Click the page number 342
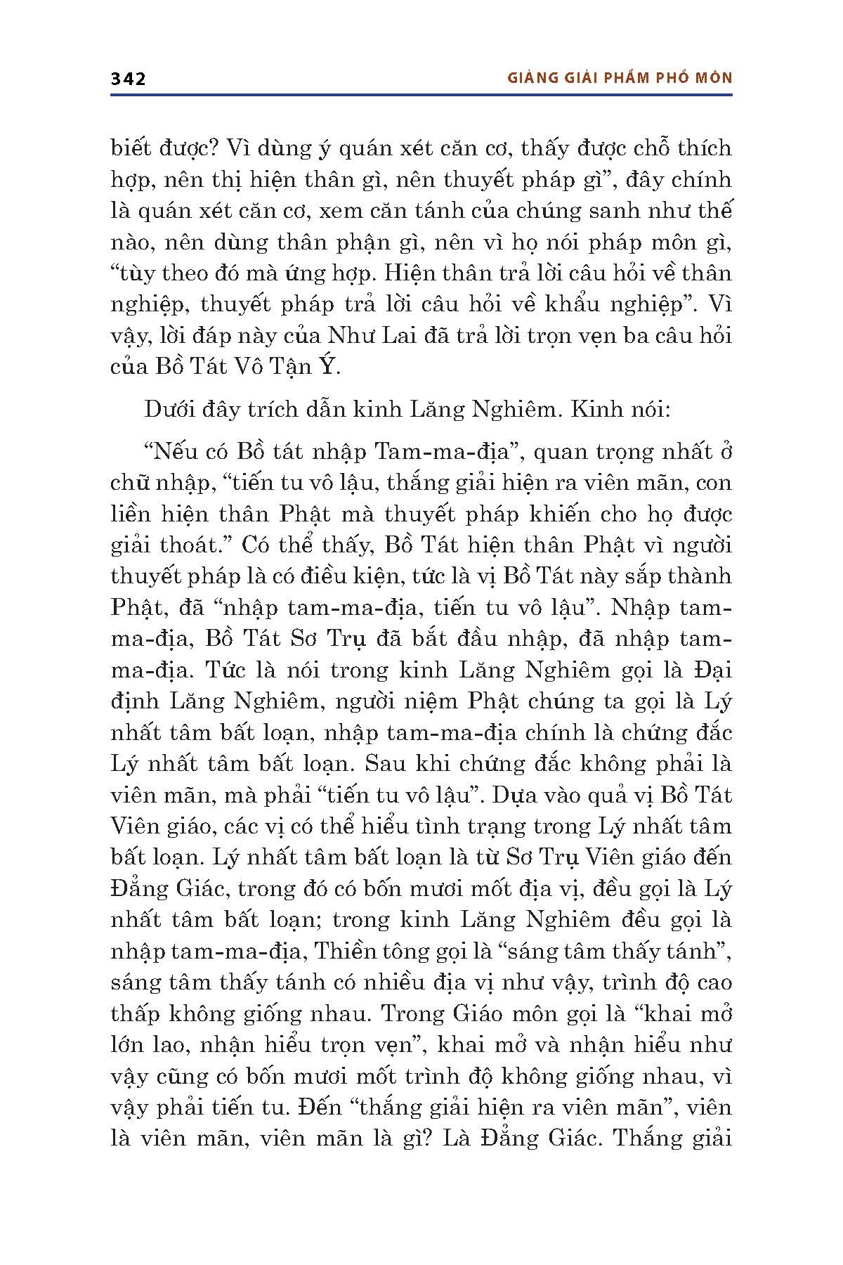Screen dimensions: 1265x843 point(128,79)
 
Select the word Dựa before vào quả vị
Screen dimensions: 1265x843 point(516,795)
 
